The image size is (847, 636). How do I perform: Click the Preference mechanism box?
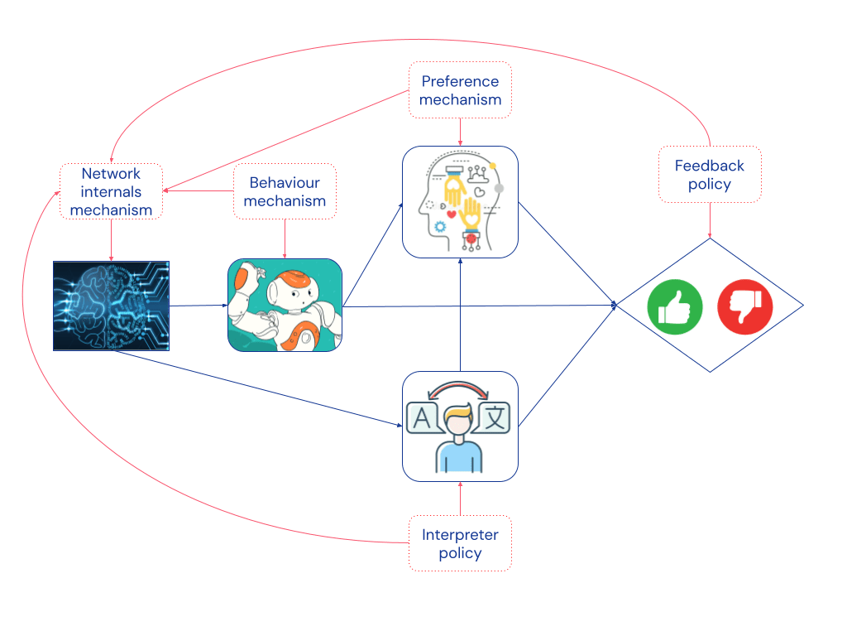click(460, 90)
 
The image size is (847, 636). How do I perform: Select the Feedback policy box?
click(709, 175)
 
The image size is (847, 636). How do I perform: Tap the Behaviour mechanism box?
click(285, 191)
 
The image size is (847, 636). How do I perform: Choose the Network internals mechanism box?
click(111, 191)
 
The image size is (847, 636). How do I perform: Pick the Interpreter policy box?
click(459, 543)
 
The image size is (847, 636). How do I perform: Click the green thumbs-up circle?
click(675, 306)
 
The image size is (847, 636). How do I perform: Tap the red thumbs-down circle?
click(744, 306)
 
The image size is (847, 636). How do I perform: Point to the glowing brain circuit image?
click(111, 306)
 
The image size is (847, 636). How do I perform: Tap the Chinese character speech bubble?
click(495, 417)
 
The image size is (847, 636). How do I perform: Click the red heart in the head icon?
click(451, 214)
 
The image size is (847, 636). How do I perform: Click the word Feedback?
click(709, 166)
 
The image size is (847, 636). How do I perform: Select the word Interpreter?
click(459, 534)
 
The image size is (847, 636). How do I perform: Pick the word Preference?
click(460, 81)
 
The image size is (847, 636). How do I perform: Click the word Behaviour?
click(285, 182)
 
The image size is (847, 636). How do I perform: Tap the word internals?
click(111, 191)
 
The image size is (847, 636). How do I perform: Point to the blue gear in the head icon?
click(440, 226)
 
